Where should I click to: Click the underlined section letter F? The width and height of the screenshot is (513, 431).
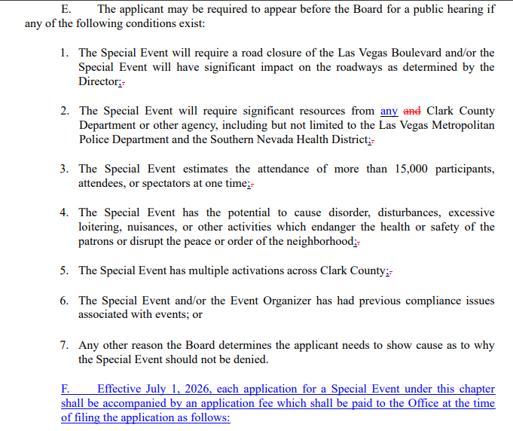point(65,389)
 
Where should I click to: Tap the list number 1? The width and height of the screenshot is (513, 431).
point(64,53)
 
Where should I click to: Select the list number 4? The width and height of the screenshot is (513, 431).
point(64,212)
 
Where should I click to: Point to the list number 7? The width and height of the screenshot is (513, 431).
point(64,345)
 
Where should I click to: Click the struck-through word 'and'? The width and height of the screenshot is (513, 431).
point(412,111)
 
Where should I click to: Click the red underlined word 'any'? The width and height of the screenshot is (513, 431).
point(389,111)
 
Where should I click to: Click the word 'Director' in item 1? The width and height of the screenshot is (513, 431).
point(99,81)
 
